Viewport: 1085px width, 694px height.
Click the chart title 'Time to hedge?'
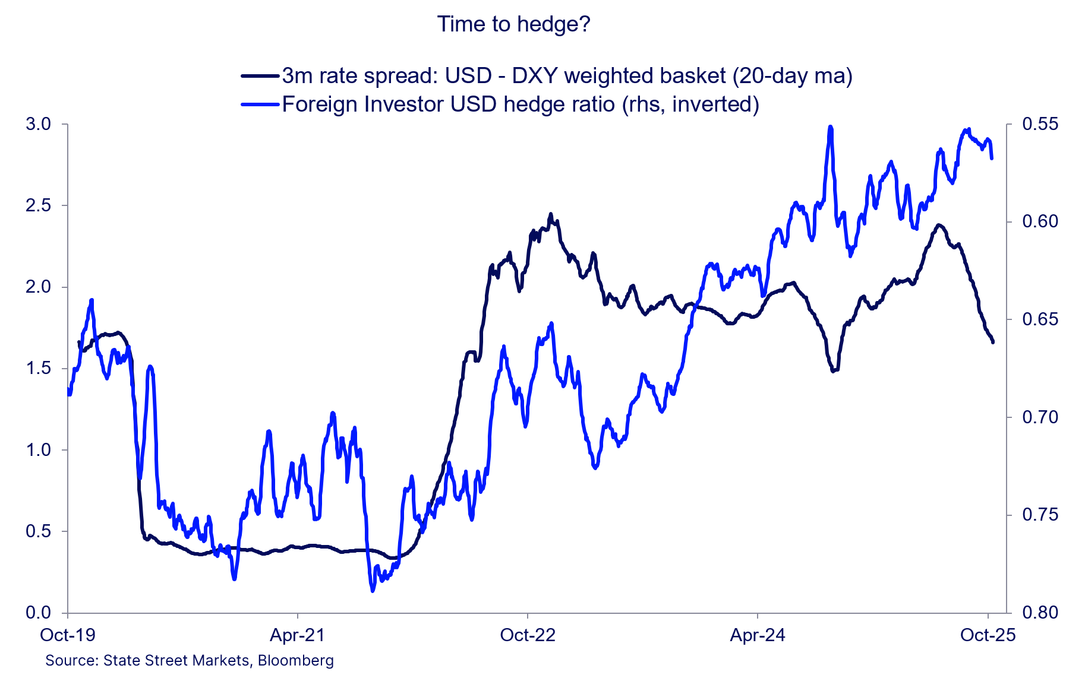click(513, 24)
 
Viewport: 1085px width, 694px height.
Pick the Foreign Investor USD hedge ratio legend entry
click(520, 104)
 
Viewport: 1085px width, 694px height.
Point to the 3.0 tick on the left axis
click(39, 124)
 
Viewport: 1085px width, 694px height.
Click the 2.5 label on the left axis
click(39, 205)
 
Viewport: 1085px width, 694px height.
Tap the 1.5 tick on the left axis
click(39, 368)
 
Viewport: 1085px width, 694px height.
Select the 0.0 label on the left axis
click(39, 613)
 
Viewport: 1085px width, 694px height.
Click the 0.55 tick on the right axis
click(1040, 124)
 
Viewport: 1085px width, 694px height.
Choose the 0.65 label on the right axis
click(1040, 319)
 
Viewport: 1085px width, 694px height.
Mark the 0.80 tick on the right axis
click(1040, 613)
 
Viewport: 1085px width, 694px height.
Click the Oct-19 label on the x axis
click(68, 635)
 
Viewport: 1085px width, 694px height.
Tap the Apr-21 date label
click(297, 635)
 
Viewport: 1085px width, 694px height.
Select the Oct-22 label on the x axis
click(528, 635)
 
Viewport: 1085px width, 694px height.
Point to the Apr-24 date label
click(758, 635)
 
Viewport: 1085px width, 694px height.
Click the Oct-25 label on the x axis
click(988, 635)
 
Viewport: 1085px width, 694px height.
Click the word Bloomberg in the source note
click(296, 660)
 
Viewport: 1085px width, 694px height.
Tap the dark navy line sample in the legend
click(260, 76)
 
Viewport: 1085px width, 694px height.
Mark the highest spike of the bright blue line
click(830, 127)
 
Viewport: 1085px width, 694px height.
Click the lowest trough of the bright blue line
click(373, 591)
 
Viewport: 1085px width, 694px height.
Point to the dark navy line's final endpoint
click(993, 342)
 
